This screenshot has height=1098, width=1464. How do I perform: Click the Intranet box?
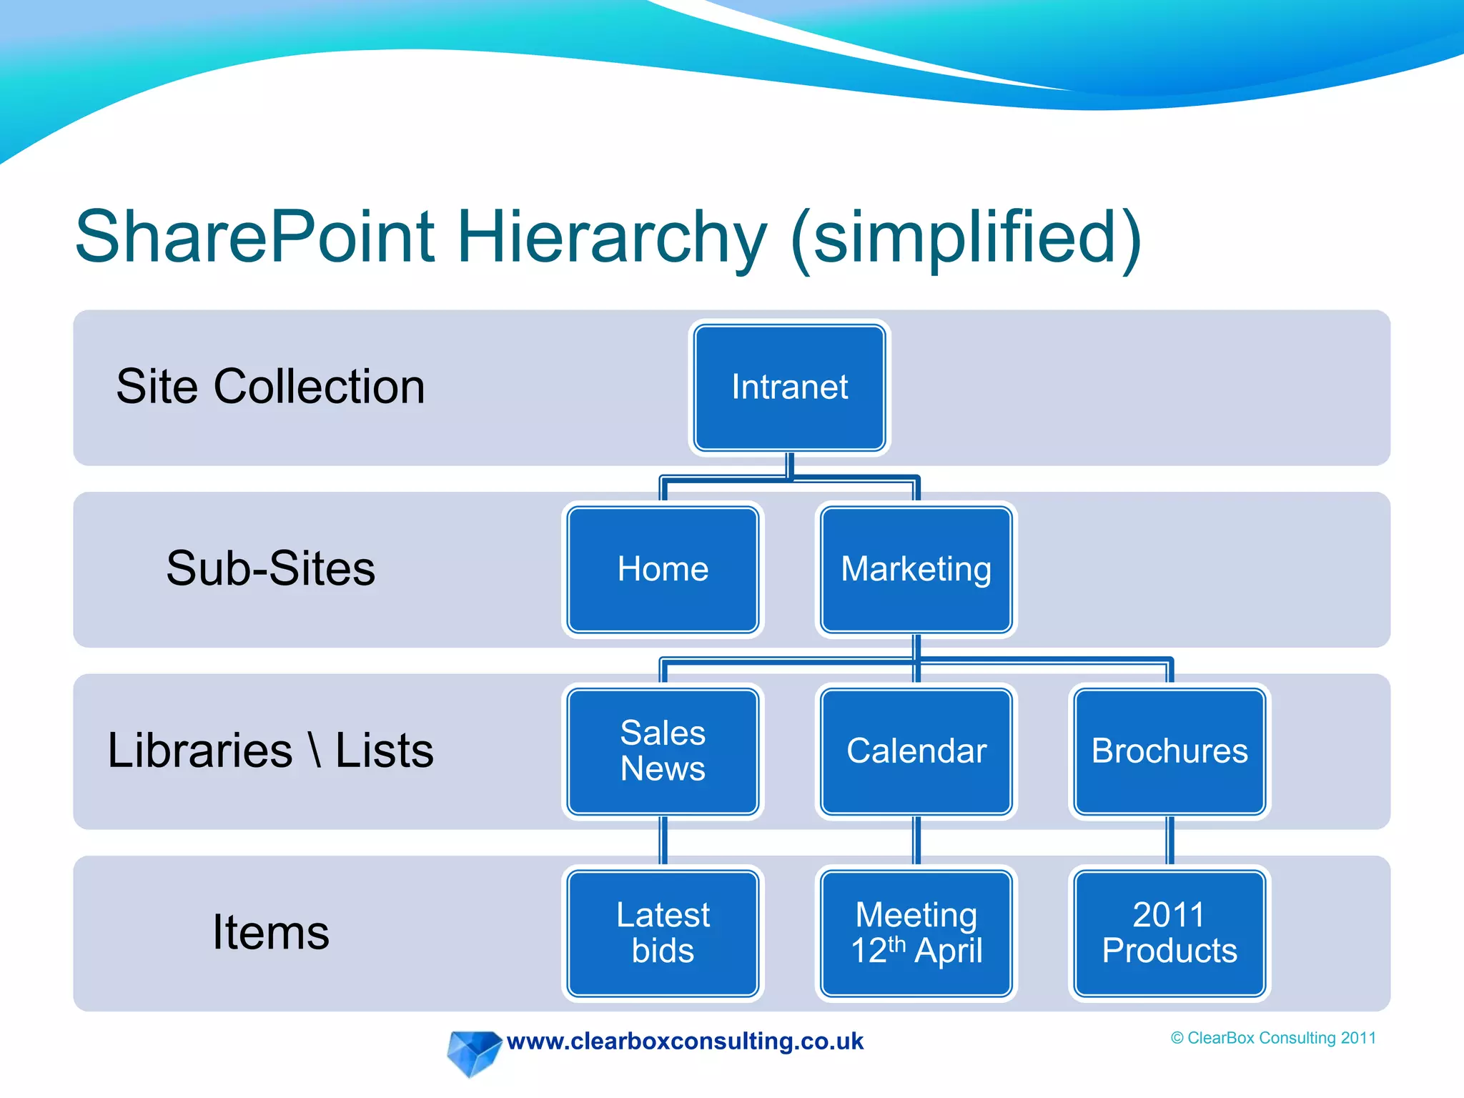coord(789,387)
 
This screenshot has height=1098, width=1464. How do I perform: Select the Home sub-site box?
coord(663,569)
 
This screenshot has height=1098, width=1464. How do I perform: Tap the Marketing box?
coord(916,569)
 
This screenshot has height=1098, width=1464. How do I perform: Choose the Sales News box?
coord(663,751)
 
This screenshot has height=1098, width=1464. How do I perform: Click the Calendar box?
coord(916,751)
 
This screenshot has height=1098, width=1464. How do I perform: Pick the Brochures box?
coord(1169,751)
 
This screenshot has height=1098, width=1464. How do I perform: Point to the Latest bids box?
coord(663,932)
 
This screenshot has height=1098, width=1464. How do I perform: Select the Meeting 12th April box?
coord(916,932)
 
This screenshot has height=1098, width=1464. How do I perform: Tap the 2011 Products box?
coord(1169,932)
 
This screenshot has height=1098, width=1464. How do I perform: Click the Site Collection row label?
coord(270,387)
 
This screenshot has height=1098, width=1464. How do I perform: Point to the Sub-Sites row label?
coord(270,569)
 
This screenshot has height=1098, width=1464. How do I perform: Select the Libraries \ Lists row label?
coord(270,751)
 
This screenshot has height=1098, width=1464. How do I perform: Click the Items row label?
coord(270,932)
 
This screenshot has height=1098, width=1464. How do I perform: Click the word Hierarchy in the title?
coord(611,237)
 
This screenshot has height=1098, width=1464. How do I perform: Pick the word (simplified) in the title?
coord(966,237)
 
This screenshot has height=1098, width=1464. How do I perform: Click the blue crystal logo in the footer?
coord(473,1052)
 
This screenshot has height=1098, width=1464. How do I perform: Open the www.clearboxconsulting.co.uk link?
coord(685,1041)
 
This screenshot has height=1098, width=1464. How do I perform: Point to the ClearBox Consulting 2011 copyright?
coord(1273,1038)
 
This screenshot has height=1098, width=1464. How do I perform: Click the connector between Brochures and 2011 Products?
coord(1169,842)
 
